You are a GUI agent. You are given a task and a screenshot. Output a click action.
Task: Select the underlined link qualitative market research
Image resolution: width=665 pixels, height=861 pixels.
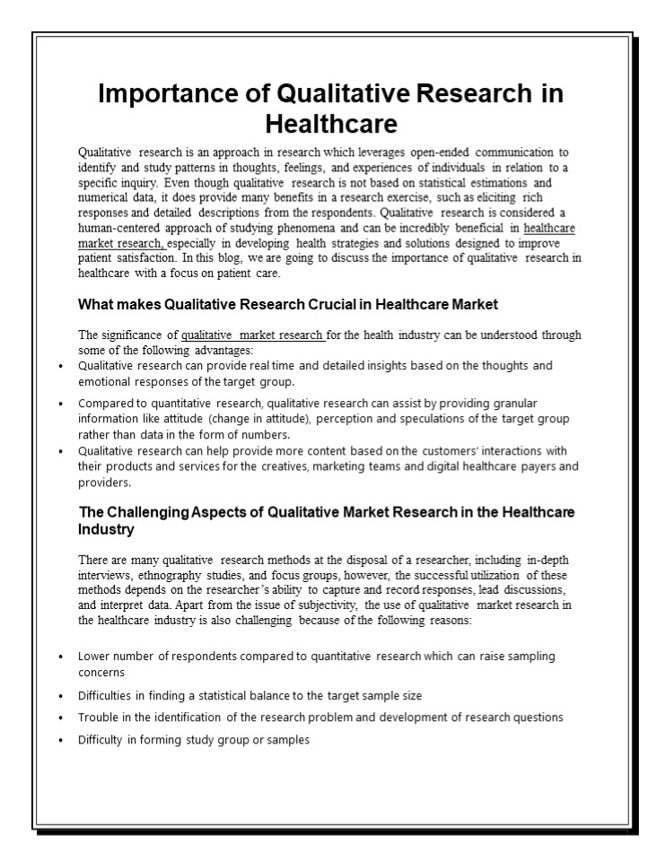[252, 335]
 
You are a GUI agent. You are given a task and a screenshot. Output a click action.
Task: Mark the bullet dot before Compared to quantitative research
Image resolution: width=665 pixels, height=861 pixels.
[60, 404]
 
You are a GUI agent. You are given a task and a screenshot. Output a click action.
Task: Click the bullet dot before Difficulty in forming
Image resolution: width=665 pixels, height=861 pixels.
[60, 741]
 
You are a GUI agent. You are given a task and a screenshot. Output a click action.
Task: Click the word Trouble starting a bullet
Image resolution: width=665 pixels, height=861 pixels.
[98, 717]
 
